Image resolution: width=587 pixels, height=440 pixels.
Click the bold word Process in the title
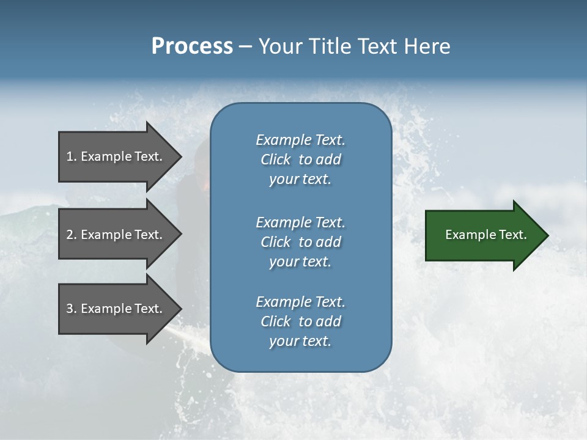point(192,46)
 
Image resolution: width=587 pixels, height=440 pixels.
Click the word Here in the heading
point(427,46)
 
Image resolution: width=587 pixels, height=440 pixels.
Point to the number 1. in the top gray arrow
point(72,156)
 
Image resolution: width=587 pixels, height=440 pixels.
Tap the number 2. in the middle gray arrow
point(72,235)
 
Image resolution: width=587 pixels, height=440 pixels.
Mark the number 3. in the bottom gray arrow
point(72,309)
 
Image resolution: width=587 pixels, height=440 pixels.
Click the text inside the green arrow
point(486,235)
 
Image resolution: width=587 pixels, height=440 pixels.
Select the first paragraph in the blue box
point(300,159)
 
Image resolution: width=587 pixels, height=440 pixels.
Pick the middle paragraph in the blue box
point(300,242)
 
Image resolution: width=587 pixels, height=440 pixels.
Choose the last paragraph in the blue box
point(300,321)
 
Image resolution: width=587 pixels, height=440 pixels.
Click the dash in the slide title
point(245,46)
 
